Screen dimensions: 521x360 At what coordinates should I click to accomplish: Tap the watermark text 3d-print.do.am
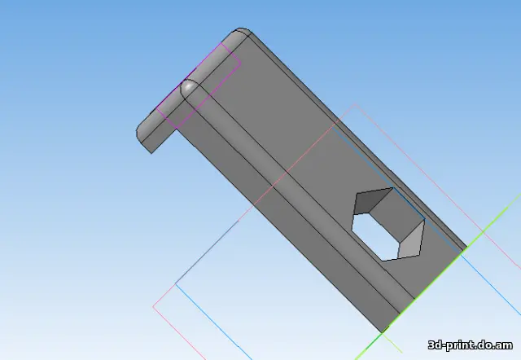(471, 345)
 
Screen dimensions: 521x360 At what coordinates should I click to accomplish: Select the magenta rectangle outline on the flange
(199, 86)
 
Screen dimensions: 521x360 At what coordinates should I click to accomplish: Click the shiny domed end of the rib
(189, 88)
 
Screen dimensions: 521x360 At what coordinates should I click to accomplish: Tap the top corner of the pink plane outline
(356, 104)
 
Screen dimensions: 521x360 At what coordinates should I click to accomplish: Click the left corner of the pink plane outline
(153, 306)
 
